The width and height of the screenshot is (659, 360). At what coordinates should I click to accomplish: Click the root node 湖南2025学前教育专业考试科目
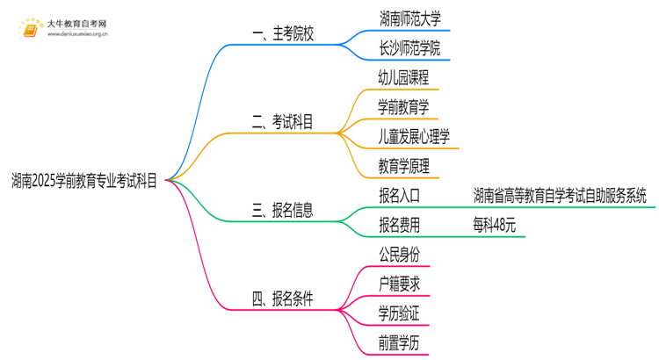coord(85,180)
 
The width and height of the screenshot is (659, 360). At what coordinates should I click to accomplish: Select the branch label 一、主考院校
coord(282,34)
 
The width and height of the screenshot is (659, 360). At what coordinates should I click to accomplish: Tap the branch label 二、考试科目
coord(282,122)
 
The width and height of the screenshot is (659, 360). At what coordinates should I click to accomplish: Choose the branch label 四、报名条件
coord(282,299)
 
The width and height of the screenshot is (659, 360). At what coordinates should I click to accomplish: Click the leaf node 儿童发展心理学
coord(414,136)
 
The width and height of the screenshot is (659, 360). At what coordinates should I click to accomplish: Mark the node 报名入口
coord(398,195)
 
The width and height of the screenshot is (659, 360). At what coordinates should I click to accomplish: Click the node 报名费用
coord(398,225)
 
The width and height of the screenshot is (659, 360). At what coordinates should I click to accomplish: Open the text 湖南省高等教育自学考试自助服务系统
coord(559,195)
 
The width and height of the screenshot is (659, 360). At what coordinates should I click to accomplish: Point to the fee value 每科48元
coord(493,225)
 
